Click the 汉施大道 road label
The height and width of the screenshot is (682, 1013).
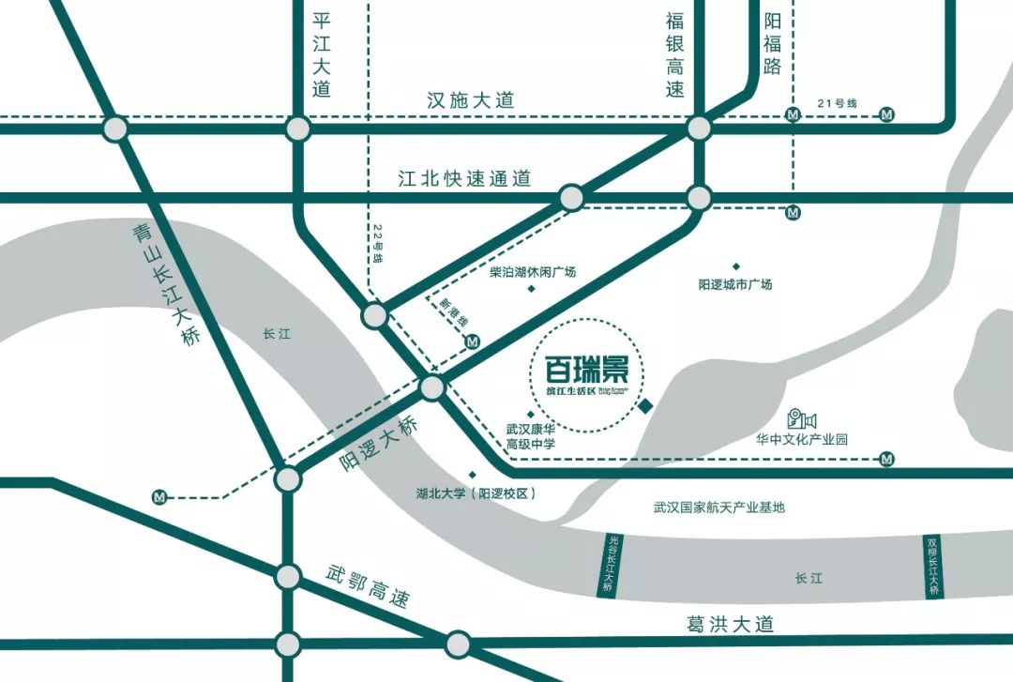pos(471,100)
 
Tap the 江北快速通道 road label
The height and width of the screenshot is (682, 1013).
pos(464,177)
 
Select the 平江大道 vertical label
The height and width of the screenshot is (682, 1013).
pos(322,55)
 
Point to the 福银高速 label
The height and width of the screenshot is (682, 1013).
pos(675,55)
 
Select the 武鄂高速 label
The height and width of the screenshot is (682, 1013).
pos(368,587)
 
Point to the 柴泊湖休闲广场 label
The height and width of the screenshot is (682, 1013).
pos(533,272)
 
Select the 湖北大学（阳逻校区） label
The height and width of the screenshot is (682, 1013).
pos(476,493)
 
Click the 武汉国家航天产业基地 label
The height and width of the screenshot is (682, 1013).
pos(718,508)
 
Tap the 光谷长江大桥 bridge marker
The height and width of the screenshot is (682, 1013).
pos(611,566)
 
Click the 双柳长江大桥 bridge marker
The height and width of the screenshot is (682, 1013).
pos(933,567)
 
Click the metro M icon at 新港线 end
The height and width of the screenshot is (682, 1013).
pos(473,342)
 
